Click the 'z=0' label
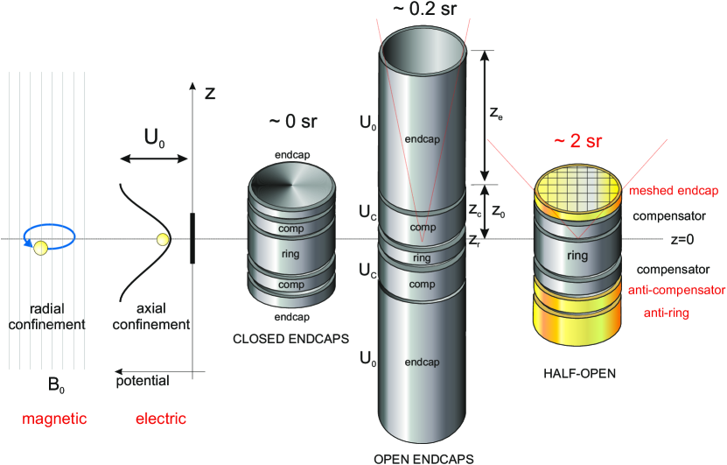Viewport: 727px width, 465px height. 683,239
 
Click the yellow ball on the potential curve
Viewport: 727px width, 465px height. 161,239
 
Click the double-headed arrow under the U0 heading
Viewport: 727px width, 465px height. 154,159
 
